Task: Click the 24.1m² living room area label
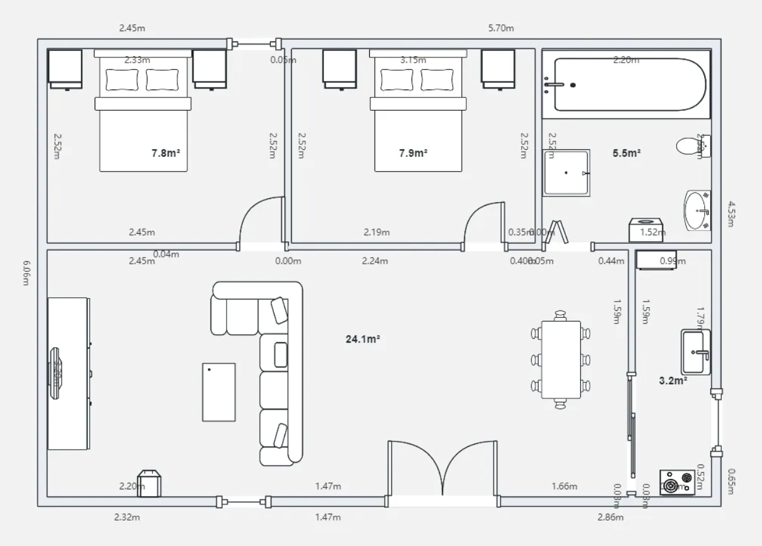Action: (x=363, y=339)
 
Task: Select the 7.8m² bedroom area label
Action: (x=166, y=152)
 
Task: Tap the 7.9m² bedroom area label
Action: (x=413, y=152)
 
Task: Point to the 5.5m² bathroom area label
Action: (x=627, y=153)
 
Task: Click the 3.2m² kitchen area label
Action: (x=673, y=381)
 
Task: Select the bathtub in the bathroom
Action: (x=626, y=85)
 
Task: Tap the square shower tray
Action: (x=567, y=172)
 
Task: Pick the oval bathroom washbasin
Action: (x=697, y=211)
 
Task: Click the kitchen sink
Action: (x=695, y=352)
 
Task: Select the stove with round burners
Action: (x=677, y=483)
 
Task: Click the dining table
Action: (x=561, y=359)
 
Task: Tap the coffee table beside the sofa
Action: (x=219, y=392)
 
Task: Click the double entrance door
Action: (x=443, y=470)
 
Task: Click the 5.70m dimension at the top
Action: (x=501, y=28)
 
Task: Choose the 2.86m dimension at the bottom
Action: (x=610, y=517)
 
